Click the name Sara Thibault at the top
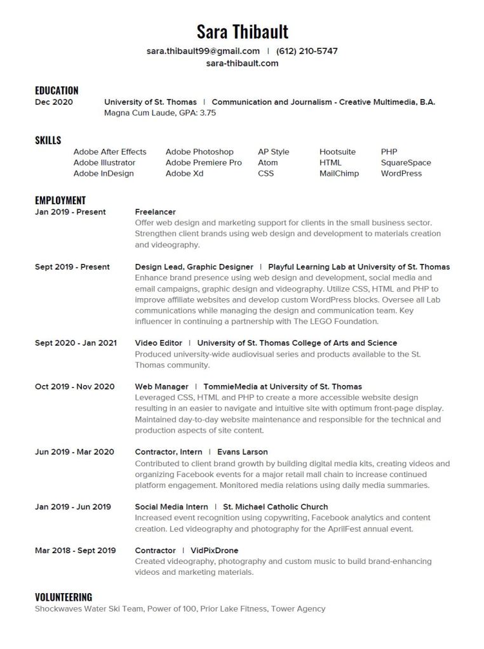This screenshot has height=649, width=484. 242,31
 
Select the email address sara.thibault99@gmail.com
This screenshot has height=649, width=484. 203,51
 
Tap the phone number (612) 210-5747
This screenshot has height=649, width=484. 307,51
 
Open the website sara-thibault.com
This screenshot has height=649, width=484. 242,63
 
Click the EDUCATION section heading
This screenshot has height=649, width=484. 57,90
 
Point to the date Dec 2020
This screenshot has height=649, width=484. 54,102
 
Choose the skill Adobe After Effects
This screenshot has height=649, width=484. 110,152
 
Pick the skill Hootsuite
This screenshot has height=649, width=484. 337,152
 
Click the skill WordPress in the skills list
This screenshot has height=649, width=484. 401,173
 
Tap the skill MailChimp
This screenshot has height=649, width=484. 339,173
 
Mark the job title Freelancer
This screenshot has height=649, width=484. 155,212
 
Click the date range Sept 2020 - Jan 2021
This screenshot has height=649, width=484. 76,343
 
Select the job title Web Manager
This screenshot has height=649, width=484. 161,386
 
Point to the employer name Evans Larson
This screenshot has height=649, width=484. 243,452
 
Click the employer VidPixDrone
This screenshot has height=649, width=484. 214,550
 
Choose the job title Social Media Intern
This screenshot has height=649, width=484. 171,507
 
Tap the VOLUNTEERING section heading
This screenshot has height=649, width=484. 64,597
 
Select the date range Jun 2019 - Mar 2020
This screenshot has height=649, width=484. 74,452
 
